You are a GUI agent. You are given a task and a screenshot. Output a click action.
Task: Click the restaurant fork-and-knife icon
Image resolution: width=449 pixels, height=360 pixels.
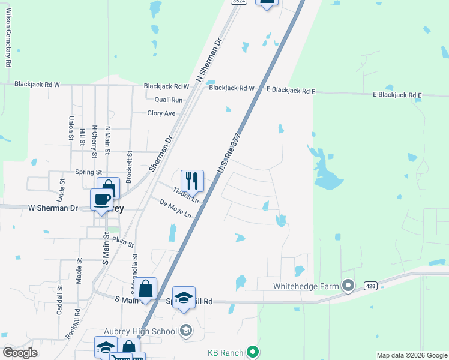tap(192, 180)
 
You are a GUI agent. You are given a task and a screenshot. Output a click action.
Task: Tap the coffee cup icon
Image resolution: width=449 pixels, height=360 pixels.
tap(101, 199)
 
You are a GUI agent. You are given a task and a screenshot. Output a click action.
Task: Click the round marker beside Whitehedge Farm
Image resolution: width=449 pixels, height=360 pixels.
tap(348, 286)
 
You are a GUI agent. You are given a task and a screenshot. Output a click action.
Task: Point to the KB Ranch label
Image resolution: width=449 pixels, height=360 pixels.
tap(227, 352)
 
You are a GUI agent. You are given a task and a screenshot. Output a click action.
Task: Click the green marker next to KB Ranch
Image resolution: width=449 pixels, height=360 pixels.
tap(253, 352)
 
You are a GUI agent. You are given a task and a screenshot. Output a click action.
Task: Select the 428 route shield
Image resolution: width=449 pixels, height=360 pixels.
tap(371, 286)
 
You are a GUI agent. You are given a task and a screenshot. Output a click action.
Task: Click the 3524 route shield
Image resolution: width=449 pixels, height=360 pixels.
tap(238, 2)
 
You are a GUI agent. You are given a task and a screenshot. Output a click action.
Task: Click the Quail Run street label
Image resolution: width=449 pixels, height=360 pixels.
tap(168, 100)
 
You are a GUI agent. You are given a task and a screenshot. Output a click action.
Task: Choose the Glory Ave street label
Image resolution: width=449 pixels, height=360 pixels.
tap(161, 113)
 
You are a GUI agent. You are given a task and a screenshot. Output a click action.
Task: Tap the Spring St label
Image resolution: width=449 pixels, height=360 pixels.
tap(89, 172)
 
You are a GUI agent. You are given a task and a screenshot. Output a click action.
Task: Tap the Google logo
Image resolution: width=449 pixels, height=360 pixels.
tap(20, 353)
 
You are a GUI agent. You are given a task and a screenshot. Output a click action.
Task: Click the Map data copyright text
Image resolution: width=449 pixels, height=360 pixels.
tap(411, 355)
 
